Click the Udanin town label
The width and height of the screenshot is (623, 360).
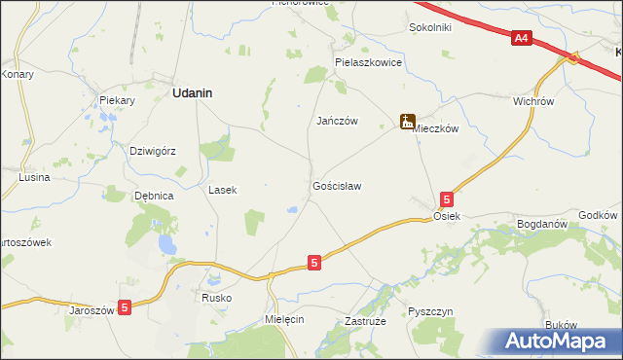193,93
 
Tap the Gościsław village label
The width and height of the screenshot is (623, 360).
338,185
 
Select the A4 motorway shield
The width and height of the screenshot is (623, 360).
522,38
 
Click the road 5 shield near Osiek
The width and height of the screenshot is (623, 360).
446,198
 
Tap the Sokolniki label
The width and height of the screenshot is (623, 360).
430,28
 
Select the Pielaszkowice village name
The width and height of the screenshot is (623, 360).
368,61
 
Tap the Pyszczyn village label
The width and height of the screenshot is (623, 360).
430,311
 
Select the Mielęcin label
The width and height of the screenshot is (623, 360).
285,318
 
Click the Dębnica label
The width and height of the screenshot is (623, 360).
154,196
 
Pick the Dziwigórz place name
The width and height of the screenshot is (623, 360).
153,151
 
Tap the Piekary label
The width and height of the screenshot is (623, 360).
117,100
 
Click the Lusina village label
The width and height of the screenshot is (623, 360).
34,178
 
